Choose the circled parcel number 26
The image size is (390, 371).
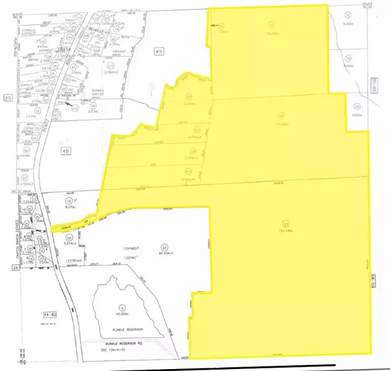[69, 238]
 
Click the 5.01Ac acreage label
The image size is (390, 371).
[71, 246]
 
